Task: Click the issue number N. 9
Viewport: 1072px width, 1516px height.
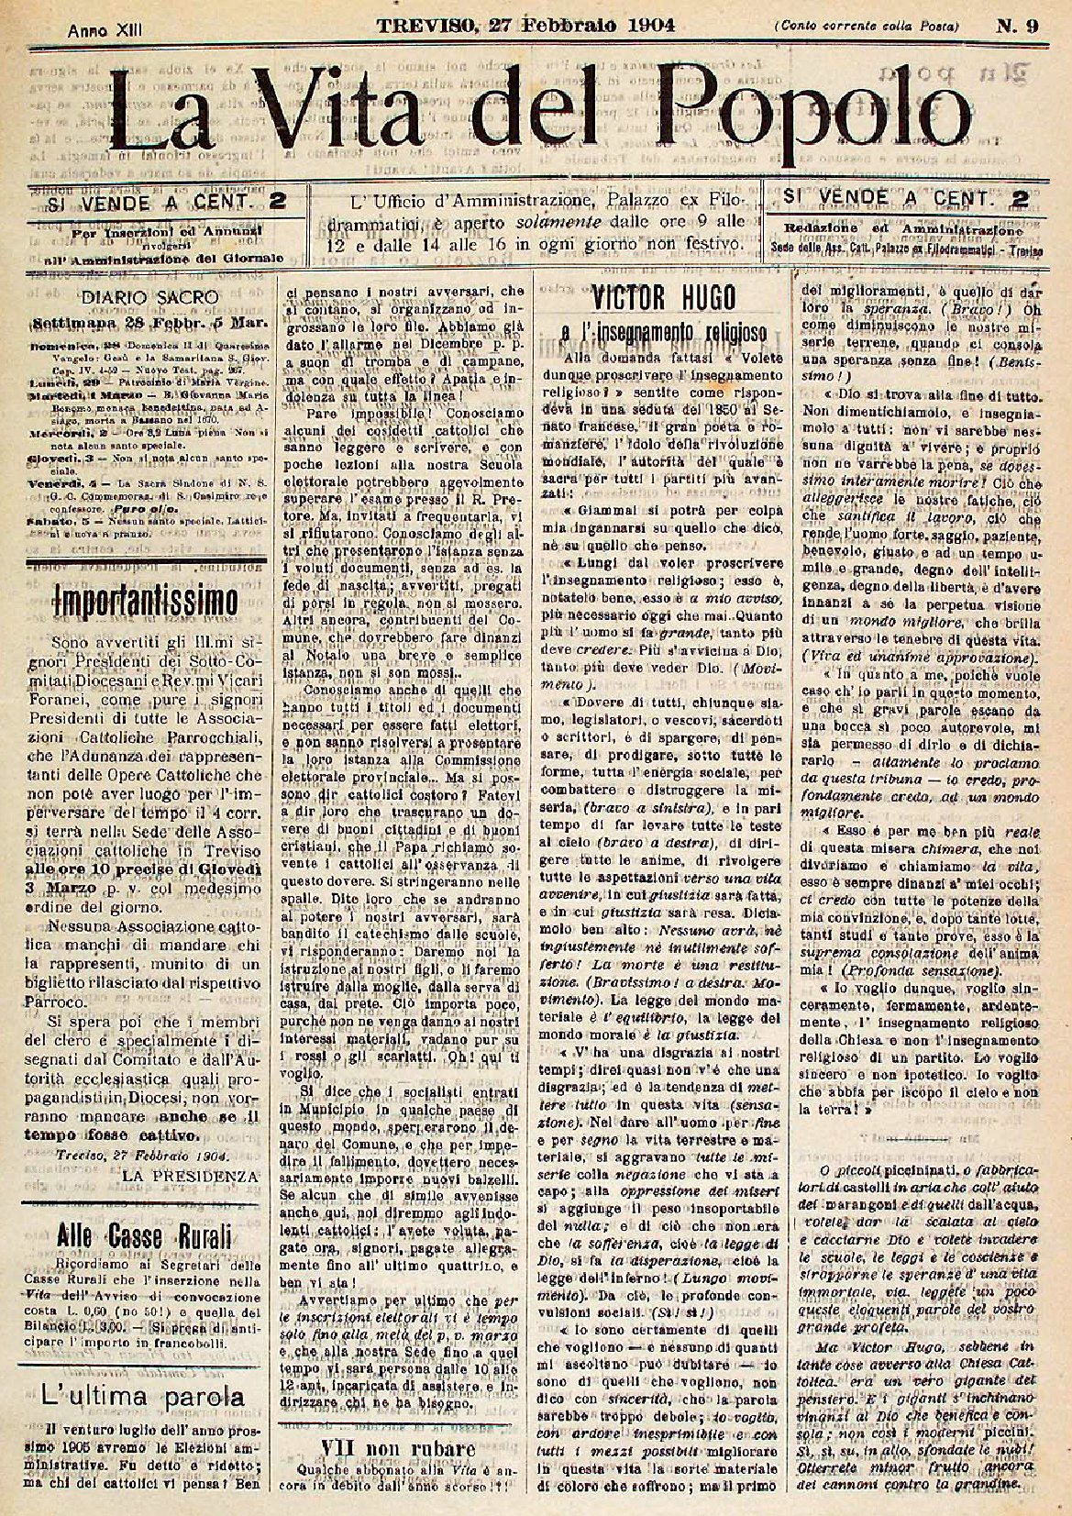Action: [1017, 27]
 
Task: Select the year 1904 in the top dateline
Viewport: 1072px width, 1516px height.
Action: [639, 26]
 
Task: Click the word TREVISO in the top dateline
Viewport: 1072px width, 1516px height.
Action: [425, 26]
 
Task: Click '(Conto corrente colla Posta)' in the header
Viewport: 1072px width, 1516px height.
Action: [866, 28]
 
